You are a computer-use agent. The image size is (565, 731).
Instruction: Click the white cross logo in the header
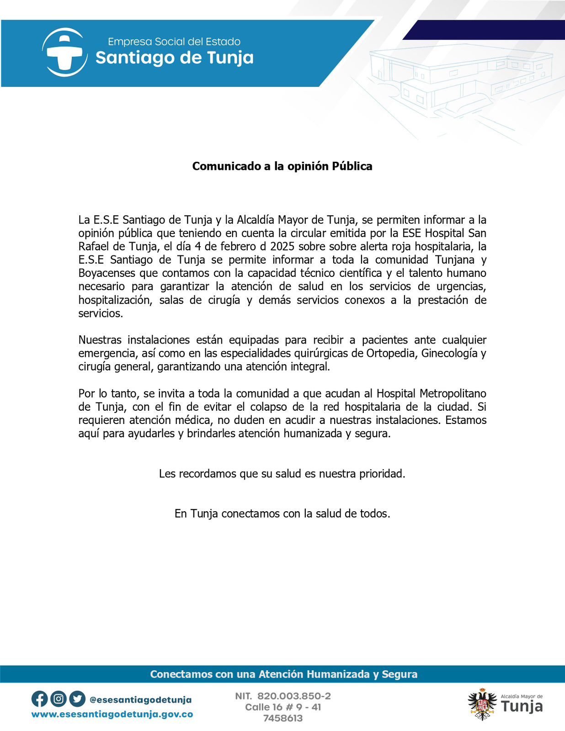click(65, 53)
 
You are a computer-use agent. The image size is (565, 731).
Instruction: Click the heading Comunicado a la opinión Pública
click(282, 166)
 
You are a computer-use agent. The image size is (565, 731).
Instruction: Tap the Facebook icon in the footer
click(39, 699)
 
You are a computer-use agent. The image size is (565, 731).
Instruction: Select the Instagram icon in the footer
click(59, 699)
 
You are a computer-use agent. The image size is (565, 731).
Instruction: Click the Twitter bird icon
click(77, 699)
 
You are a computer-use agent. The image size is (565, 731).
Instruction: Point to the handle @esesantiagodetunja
click(141, 700)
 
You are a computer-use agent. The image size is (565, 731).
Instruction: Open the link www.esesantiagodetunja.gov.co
click(112, 714)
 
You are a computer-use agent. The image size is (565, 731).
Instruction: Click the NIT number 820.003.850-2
click(294, 696)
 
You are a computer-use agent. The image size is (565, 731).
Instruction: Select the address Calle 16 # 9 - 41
click(283, 707)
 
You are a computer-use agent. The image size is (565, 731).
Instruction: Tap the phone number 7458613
click(283, 718)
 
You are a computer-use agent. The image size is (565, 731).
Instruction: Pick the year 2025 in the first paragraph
click(282, 247)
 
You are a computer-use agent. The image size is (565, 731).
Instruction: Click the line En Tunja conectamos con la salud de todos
click(282, 514)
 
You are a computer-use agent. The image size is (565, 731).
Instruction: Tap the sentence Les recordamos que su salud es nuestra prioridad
click(282, 474)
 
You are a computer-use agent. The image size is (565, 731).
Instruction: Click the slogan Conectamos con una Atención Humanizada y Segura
click(283, 674)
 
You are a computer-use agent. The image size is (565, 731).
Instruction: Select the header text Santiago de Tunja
click(174, 58)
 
